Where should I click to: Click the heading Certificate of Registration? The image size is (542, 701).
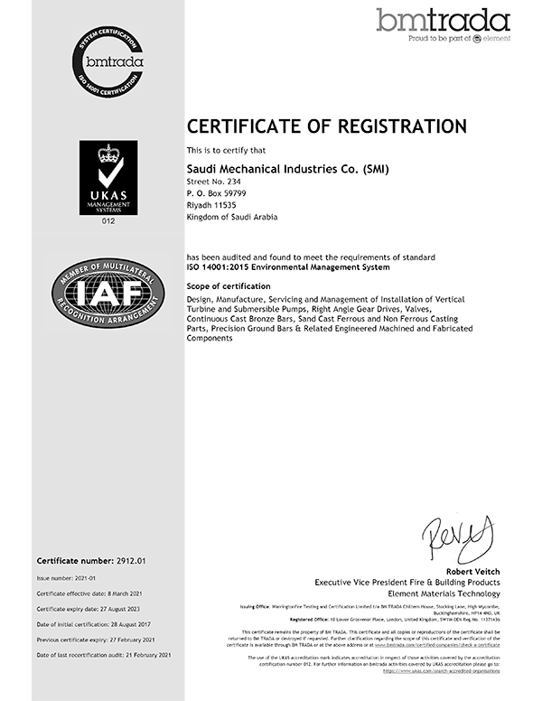(326, 126)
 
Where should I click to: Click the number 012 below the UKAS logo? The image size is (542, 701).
(108, 220)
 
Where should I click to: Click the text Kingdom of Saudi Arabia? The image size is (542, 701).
(231, 218)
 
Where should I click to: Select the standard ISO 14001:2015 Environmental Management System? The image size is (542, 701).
(288, 267)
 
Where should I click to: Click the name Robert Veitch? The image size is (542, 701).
(471, 572)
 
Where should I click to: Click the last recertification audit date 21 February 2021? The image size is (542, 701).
(154, 657)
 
